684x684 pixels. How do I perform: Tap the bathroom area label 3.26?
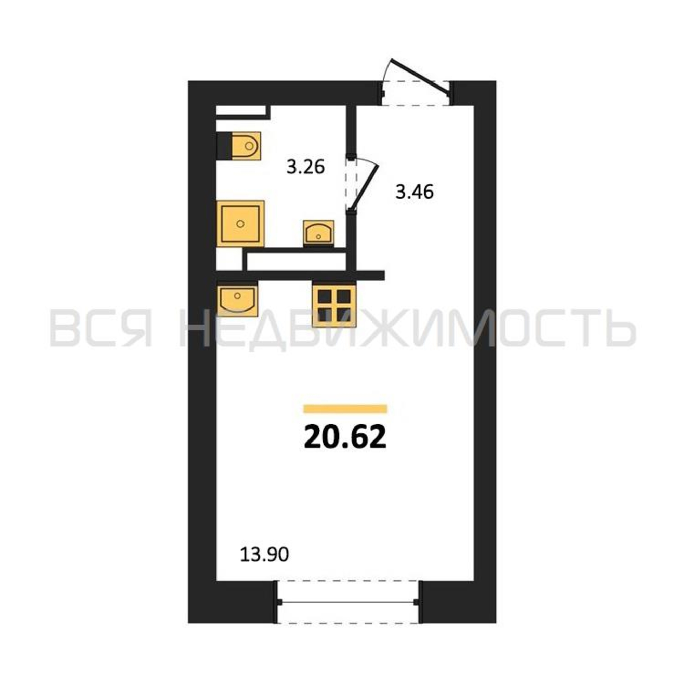pyautogui.click(x=305, y=167)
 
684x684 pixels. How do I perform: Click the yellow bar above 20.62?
pyautogui.click(x=345, y=409)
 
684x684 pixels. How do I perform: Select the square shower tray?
pyautogui.click(x=240, y=223)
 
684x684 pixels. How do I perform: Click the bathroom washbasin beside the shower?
pyautogui.click(x=319, y=233)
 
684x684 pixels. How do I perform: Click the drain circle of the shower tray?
pyautogui.click(x=240, y=223)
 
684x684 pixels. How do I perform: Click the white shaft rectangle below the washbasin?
pyautogui.click(x=296, y=262)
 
